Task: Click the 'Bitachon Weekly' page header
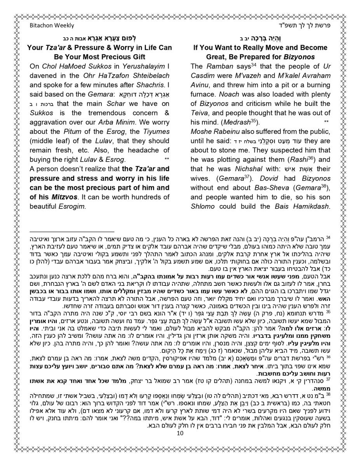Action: coord(52,26)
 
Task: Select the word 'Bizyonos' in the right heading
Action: coord(300,57)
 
